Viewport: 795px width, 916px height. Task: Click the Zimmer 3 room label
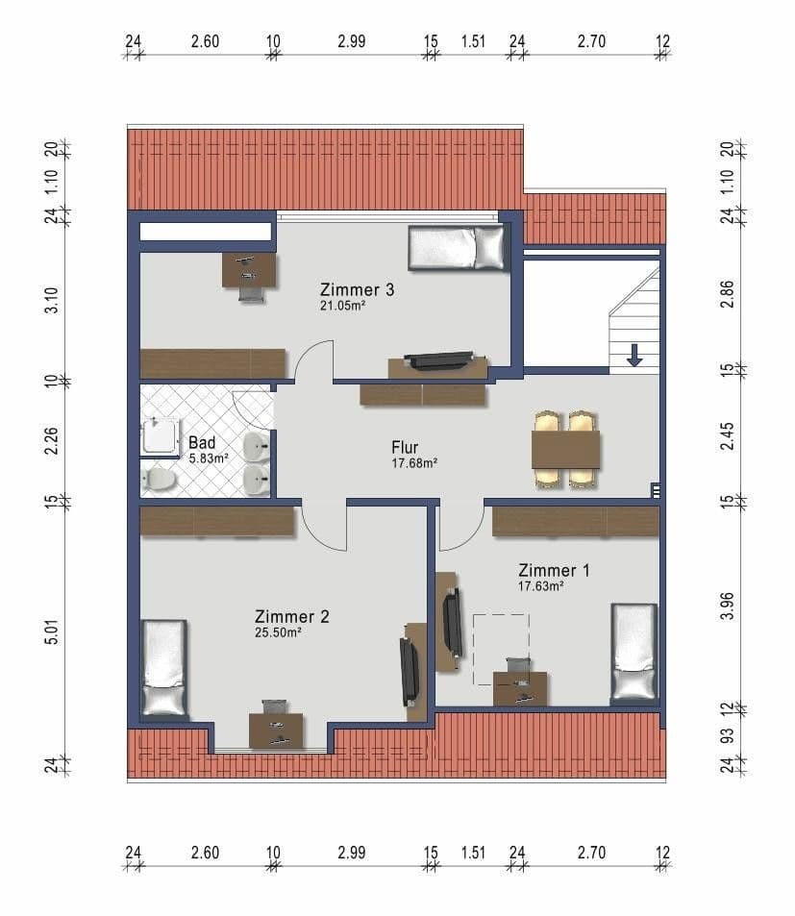click(357, 288)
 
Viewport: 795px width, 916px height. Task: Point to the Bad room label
click(202, 443)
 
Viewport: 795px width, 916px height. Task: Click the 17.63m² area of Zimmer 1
click(540, 584)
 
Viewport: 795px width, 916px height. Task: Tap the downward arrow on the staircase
click(634, 355)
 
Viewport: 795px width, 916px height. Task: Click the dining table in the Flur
click(565, 449)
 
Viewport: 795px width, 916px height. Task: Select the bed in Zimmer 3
click(457, 248)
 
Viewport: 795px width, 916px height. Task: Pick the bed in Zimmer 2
click(163, 667)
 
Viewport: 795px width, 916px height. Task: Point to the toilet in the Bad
click(159, 478)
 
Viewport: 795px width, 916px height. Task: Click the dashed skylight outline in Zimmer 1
click(501, 649)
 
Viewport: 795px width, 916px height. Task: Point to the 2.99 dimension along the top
click(352, 41)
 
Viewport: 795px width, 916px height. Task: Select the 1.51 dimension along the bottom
click(473, 852)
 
